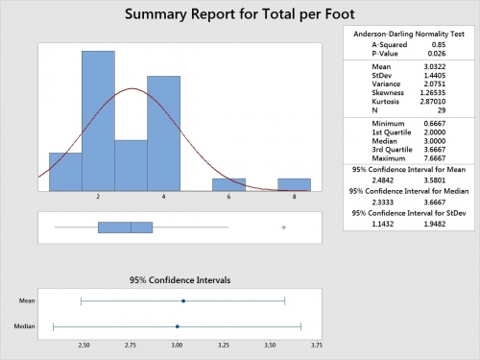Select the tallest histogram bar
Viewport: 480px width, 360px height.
tap(98, 121)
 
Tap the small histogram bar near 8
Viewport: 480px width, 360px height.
tap(294, 184)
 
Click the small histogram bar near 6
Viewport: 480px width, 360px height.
tap(228, 184)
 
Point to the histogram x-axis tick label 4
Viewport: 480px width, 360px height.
tap(137, 196)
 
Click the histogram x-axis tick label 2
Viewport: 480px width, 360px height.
tap(72, 196)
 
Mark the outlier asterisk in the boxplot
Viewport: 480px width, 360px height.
tap(283, 228)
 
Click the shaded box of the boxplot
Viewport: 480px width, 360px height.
tap(125, 228)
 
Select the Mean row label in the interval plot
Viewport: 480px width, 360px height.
tap(29, 300)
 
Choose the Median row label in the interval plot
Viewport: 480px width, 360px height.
tap(27, 325)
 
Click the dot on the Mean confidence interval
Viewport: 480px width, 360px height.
tap(183, 300)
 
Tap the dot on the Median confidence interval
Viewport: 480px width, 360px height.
tap(178, 325)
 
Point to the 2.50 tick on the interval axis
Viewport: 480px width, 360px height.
tap(84, 343)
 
